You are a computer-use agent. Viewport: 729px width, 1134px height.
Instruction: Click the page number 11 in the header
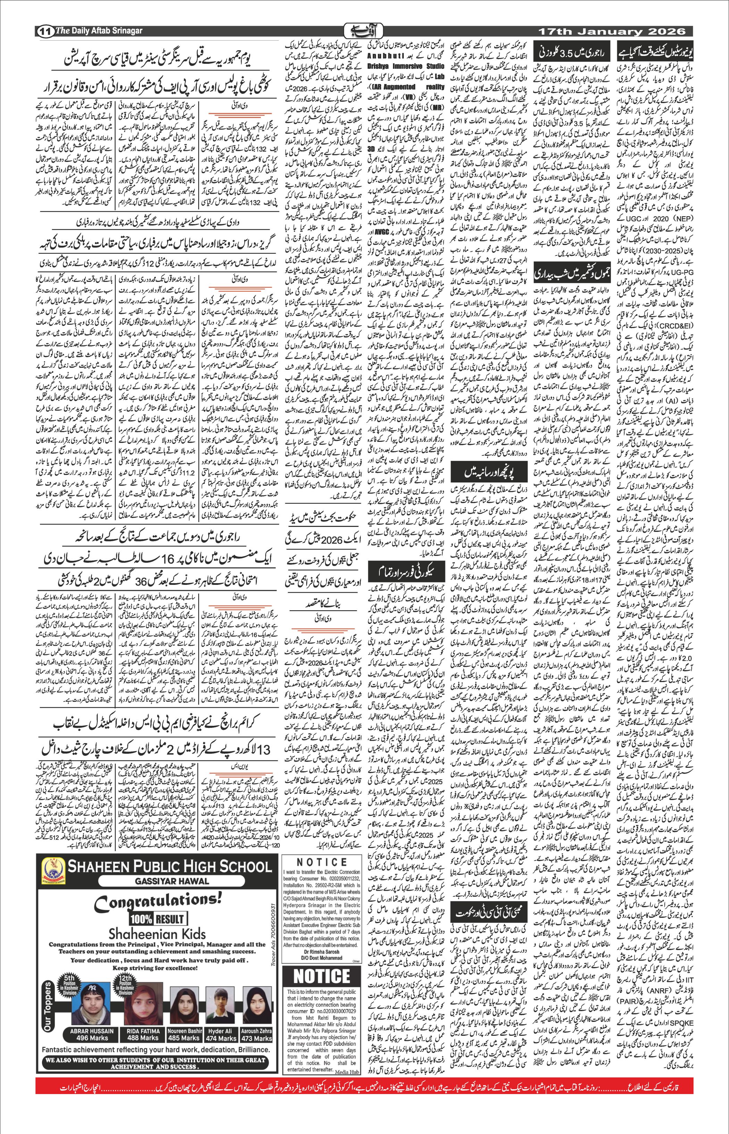pos(45,32)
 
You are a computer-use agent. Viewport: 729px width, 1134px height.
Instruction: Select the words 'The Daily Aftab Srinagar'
pos(99,31)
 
